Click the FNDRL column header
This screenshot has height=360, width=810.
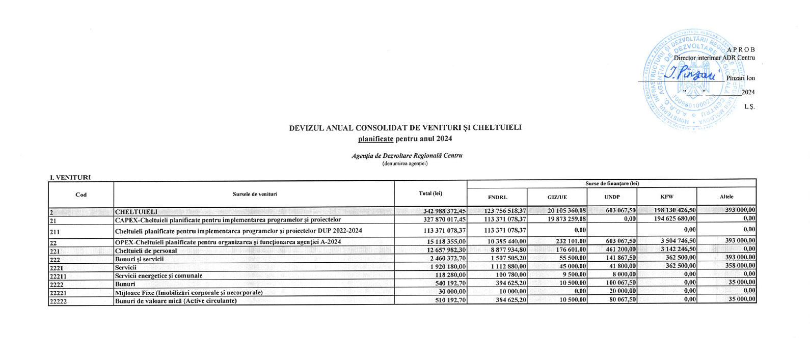pyautogui.click(x=498, y=197)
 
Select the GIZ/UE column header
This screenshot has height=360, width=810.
pyautogui.click(x=557, y=197)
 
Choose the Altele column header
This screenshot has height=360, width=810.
pyautogui.click(x=726, y=197)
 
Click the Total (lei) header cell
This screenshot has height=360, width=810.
pyautogui.click(x=430, y=193)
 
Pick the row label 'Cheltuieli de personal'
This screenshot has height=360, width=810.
pyautogui.click(x=146, y=251)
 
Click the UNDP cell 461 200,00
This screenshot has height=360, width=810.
pyautogui.click(x=619, y=250)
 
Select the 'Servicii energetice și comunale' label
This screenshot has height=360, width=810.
pyautogui.click(x=158, y=275)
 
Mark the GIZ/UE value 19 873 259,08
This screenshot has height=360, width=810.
pyautogui.click(x=562, y=219)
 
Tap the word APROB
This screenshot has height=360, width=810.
pyautogui.click(x=741, y=49)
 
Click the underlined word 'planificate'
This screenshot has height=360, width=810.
pyautogui.click(x=375, y=139)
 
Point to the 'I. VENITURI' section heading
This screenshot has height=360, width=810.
pyautogui.click(x=70, y=177)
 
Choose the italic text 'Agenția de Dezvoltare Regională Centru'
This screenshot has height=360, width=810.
pyautogui.click(x=407, y=156)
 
